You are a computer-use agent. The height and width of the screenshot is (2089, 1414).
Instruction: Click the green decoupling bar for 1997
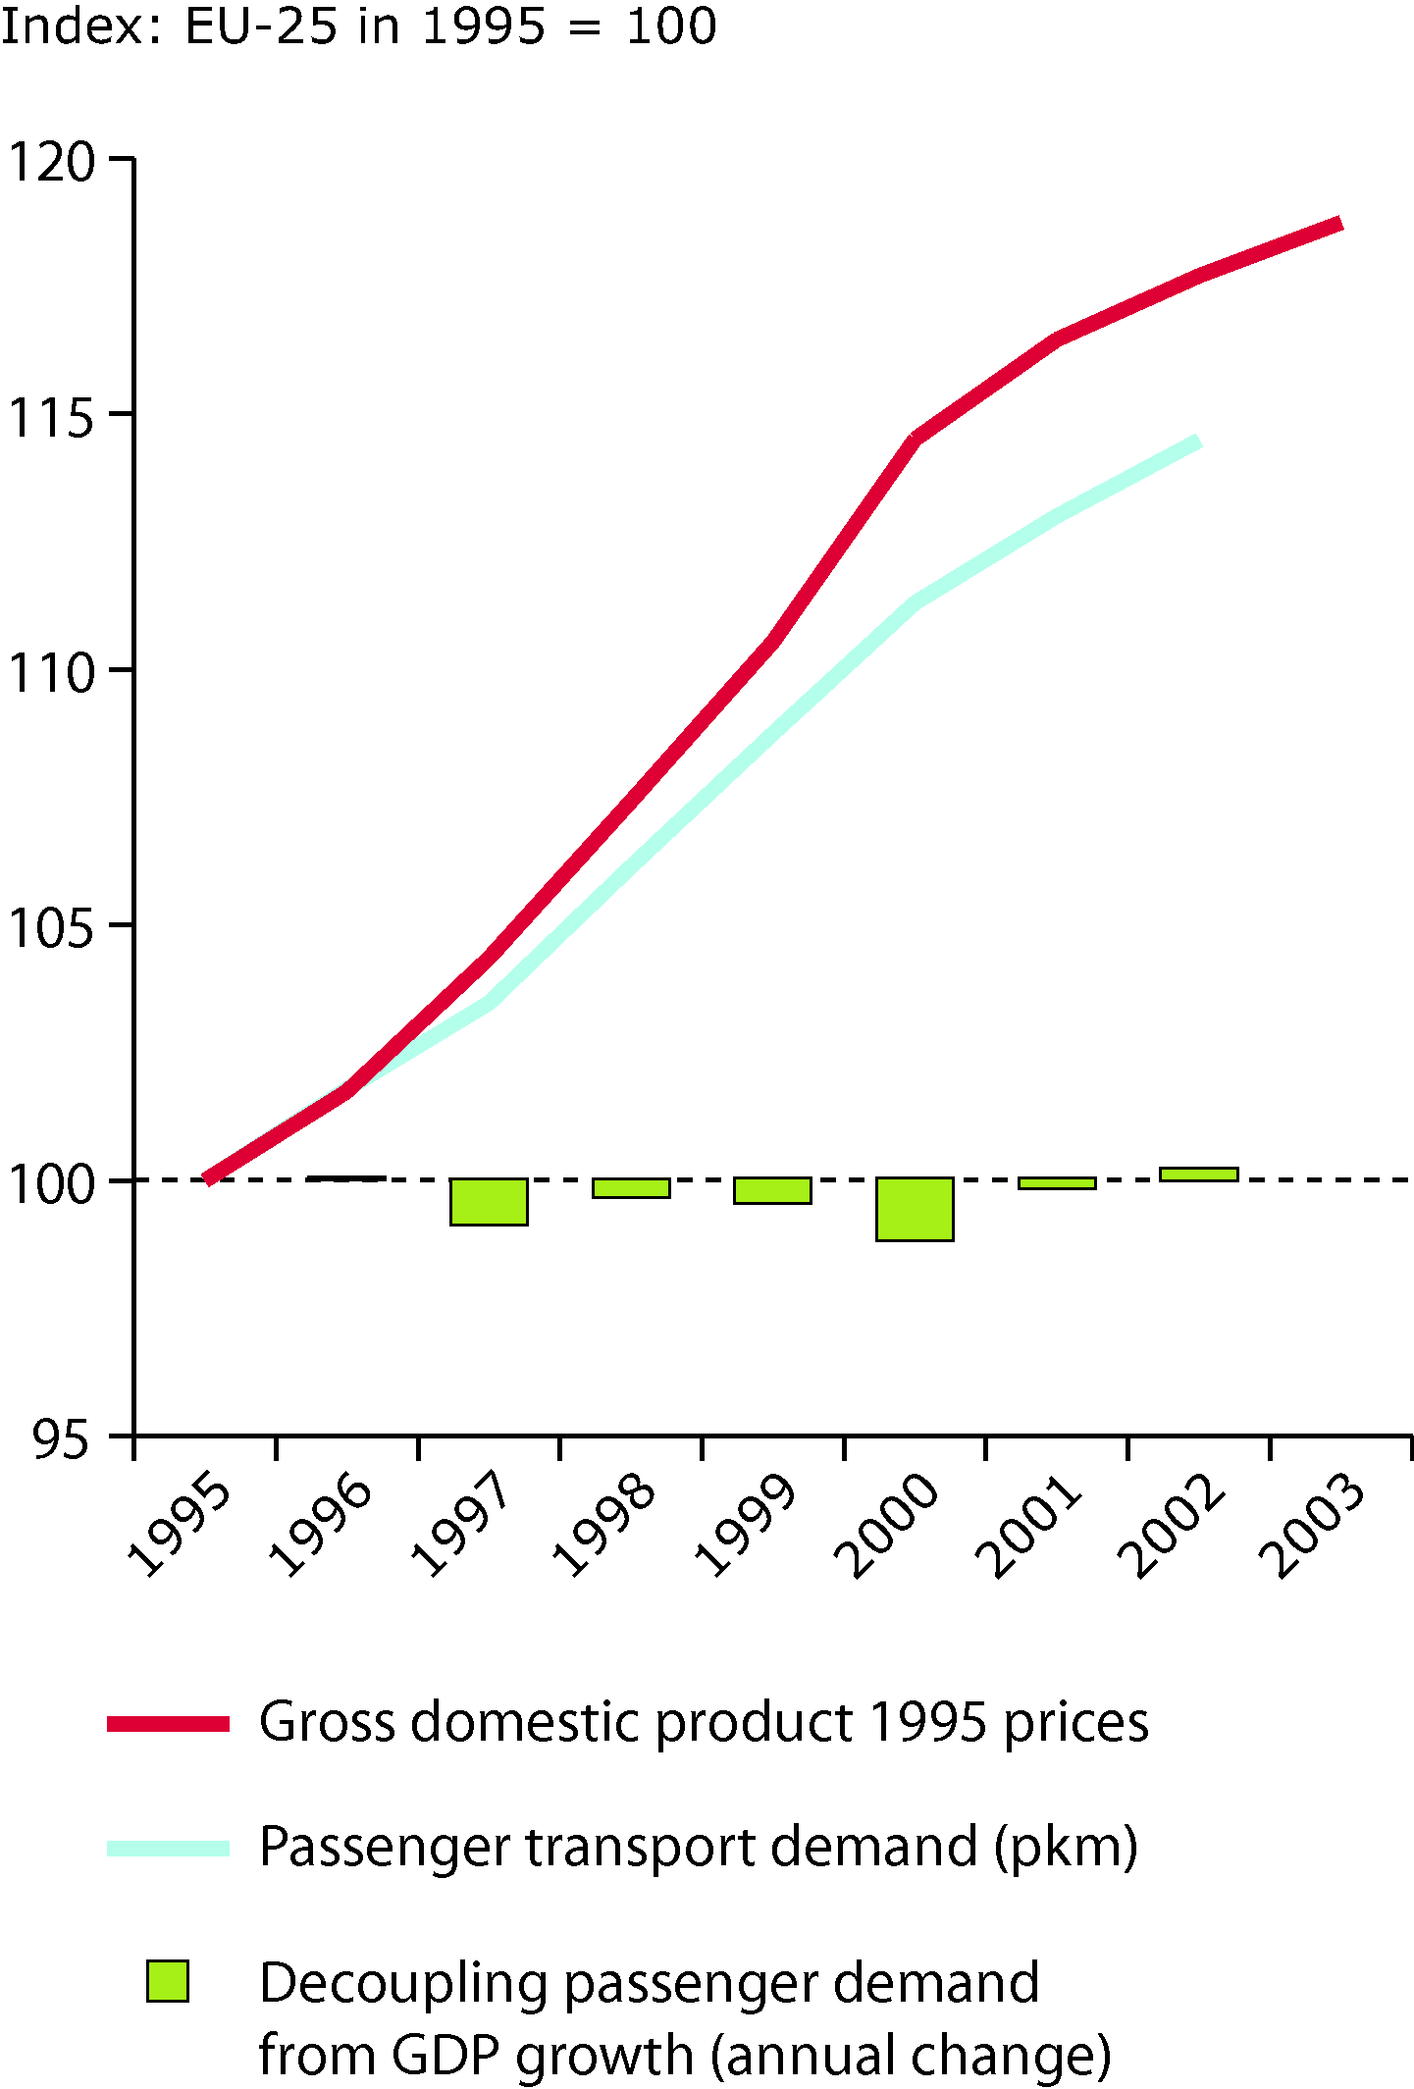489,1202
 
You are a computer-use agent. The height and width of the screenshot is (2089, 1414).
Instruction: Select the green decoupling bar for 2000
915,1210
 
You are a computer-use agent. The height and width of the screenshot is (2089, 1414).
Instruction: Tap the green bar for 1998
631,1188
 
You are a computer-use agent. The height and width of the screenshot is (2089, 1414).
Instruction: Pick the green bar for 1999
773,1191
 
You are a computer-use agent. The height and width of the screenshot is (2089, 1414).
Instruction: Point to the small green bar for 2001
1057,1183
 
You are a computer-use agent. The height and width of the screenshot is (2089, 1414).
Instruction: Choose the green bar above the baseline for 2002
1198,1174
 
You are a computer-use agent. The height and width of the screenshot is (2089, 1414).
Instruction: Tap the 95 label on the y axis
61,1440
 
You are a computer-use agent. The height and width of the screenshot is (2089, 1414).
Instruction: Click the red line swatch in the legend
168,1724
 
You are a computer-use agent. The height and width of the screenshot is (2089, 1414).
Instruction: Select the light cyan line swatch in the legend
168,1848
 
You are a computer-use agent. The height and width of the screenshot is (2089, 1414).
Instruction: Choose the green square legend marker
168,1981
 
